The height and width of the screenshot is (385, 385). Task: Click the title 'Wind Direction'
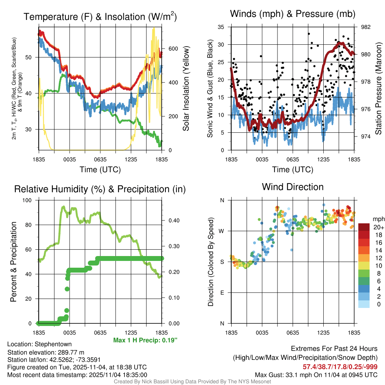[x=293, y=187]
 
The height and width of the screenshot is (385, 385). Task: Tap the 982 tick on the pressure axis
[x=366, y=27]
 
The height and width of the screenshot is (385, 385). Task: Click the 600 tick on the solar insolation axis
[x=173, y=49]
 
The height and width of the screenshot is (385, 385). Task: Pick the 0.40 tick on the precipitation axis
[x=173, y=221]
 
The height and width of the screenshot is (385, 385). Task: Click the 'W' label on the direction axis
[x=222, y=231]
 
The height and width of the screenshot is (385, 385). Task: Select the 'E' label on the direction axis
[x=222, y=293]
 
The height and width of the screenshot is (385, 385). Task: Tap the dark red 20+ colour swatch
[x=364, y=227]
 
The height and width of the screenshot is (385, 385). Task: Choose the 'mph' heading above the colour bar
[x=377, y=218]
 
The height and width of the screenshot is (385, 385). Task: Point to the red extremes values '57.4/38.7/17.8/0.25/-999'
[x=340, y=367]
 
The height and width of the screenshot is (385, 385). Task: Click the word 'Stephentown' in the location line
[x=53, y=344]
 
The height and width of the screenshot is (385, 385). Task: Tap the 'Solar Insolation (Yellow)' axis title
[x=186, y=88]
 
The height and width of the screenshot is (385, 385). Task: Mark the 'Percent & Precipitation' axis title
[x=14, y=262]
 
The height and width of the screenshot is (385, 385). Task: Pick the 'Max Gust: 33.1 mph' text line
[x=316, y=374]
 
